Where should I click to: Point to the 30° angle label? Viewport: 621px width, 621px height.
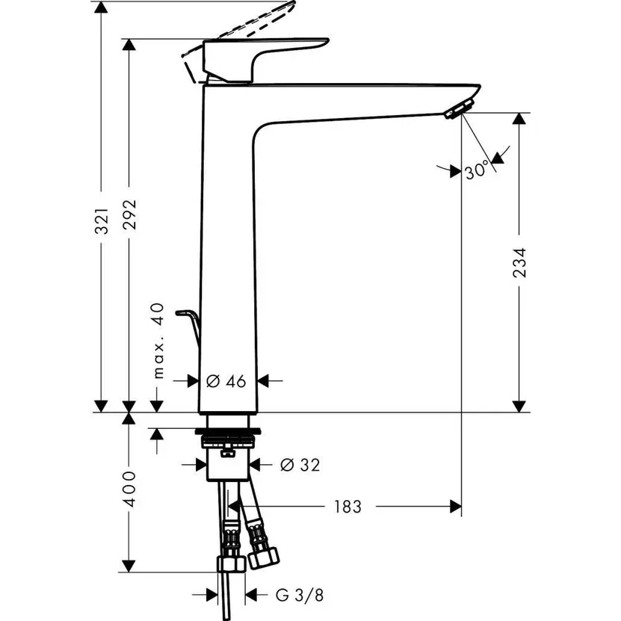pyautogui.click(x=476, y=171)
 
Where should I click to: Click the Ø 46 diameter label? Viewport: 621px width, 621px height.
pyautogui.click(x=225, y=381)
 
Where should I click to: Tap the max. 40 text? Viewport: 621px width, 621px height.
pyautogui.click(x=157, y=341)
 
